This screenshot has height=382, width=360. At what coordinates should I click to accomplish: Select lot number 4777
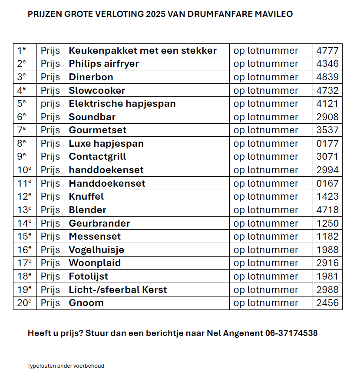(327, 50)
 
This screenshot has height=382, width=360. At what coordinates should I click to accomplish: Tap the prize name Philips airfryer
(104, 64)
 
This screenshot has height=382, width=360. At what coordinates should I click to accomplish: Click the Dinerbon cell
(91, 77)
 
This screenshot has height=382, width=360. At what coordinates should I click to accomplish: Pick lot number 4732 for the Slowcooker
(327, 90)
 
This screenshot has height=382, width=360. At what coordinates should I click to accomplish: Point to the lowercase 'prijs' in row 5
(50, 104)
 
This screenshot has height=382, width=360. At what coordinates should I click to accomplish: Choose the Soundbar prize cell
(92, 117)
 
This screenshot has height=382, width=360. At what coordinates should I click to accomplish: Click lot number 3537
(327, 130)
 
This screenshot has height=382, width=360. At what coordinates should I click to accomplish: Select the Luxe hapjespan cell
(106, 143)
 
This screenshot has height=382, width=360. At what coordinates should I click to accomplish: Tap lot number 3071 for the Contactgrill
(327, 157)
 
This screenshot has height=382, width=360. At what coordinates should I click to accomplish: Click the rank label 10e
(24, 170)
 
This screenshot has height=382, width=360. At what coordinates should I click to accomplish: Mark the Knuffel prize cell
(86, 197)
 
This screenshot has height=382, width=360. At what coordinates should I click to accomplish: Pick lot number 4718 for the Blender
(327, 210)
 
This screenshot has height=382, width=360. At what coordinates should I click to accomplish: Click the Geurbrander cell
(99, 223)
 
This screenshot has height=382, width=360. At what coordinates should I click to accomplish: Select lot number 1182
(327, 237)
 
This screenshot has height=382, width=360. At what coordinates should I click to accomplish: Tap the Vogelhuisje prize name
(96, 250)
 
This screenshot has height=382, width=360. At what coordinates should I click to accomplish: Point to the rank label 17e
(24, 263)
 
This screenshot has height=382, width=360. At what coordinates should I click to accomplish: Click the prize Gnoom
(86, 303)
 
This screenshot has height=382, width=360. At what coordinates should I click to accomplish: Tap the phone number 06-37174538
(291, 333)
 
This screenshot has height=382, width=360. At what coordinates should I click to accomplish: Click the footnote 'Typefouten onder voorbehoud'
(66, 366)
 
